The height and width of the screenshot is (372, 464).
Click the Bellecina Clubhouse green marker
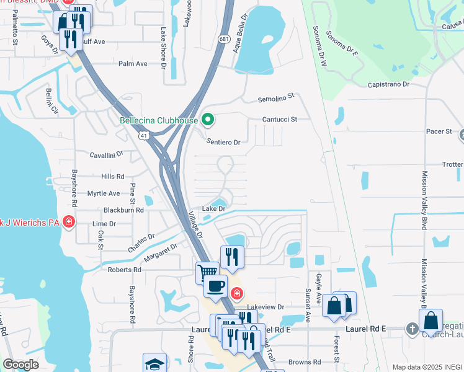[x=208, y=120]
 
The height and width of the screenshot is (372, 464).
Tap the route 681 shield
[x=225, y=38]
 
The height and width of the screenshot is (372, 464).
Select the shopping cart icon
[x=207, y=272]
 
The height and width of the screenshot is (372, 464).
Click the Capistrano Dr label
[x=388, y=84]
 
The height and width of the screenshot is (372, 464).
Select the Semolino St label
[x=275, y=98]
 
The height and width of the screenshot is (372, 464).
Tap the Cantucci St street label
[x=280, y=118]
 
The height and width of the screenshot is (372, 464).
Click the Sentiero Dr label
[x=223, y=142]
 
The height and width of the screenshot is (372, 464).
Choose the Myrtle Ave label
[x=104, y=193]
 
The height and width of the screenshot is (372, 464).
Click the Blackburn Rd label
[x=123, y=210]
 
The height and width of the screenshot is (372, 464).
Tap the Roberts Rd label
[x=124, y=270]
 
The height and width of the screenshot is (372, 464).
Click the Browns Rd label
[x=304, y=361]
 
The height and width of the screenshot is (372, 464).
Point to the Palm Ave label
[x=133, y=63]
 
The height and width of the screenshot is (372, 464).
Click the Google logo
[x=20, y=365]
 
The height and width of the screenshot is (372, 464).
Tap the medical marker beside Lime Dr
[x=68, y=221]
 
